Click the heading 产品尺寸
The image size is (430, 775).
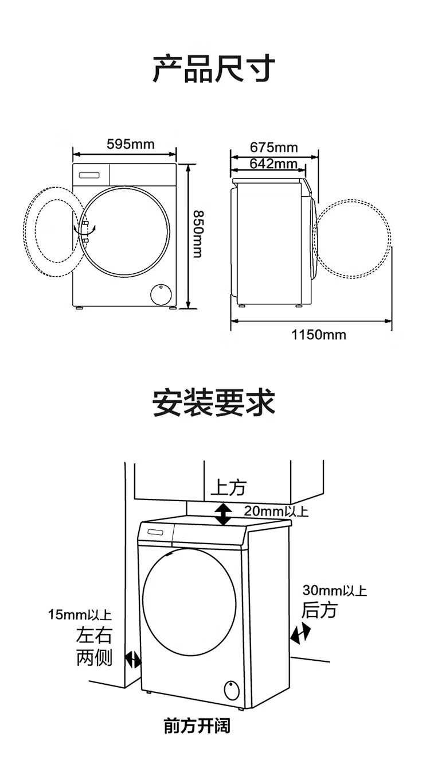pos(214,69)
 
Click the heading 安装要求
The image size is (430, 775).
pos(214,402)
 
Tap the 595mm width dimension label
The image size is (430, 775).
pos(131,144)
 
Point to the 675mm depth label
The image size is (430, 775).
pos(273,148)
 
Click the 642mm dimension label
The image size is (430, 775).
pos(273,164)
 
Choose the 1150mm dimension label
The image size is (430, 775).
pos(319,335)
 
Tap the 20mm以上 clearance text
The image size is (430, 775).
pos(276,510)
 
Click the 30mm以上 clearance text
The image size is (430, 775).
pos(335,590)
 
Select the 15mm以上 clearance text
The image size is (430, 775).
pos(80,615)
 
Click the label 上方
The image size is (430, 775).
pos(228,488)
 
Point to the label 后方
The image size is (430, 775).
pos(319,610)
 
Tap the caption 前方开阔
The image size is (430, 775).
pos(197,726)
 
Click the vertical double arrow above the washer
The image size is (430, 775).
pos(224,514)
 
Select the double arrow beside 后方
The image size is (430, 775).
pos(300,634)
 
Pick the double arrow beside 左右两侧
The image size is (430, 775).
pos(133,660)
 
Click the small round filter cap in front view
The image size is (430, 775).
pos(160,294)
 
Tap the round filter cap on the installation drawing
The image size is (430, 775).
pos(231,688)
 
